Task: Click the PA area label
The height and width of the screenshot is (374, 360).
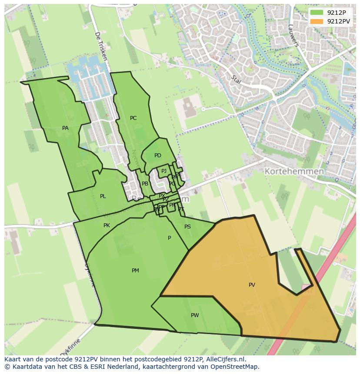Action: [x=65, y=128]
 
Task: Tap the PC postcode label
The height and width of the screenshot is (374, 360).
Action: [x=133, y=118]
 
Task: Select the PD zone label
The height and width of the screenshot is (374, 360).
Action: [x=157, y=156]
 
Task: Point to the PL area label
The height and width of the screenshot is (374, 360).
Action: [x=103, y=196]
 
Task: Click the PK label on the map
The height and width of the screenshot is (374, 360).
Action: [x=107, y=225]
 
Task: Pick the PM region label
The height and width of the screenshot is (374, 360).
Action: [x=135, y=271]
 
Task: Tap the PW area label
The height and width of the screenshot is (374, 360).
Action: [x=194, y=315]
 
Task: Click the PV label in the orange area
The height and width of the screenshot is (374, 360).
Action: [x=252, y=285]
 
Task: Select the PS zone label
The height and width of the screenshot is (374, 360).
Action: [x=187, y=227]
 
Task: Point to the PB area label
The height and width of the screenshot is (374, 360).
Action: [x=145, y=184]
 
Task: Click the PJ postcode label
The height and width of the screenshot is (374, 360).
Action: [x=164, y=171]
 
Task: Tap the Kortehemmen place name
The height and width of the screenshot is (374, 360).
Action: [x=294, y=172]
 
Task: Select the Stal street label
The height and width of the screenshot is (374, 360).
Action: [x=237, y=80]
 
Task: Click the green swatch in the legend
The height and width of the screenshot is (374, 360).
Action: [x=317, y=13]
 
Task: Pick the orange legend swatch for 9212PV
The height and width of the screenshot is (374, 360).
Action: [x=317, y=21]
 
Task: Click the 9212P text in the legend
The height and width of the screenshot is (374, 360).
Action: [x=336, y=13]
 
